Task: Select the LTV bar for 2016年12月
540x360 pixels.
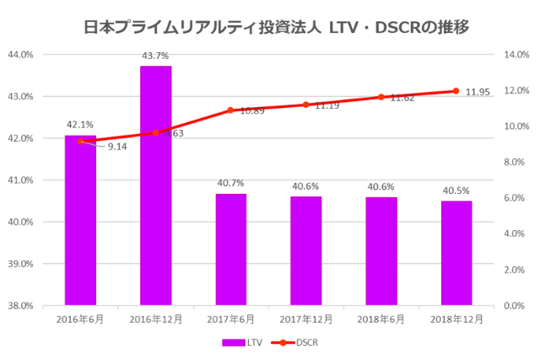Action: (155, 185)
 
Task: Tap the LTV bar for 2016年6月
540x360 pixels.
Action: (80, 220)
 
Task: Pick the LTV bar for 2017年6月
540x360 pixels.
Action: (231, 250)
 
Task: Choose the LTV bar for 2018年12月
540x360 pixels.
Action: (456, 253)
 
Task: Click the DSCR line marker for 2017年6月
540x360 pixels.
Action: (230, 110)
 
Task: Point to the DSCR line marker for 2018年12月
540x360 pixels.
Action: (456, 91)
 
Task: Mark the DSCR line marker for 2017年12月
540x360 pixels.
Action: (305, 105)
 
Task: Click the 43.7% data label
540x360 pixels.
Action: (155, 56)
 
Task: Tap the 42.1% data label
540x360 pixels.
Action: (80, 124)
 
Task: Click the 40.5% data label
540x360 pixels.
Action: (456, 191)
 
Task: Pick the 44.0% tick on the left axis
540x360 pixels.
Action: (19, 55)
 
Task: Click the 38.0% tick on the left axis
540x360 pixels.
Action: (19, 306)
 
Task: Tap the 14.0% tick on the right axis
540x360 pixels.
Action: (516, 55)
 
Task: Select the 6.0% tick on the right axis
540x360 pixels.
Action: (514, 198)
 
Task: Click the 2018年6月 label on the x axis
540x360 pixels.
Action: (381, 320)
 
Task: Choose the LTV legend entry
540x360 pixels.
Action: (243, 342)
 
